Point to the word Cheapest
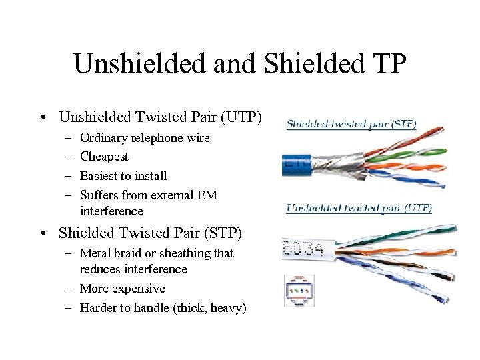[x=104, y=157]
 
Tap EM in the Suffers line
[x=207, y=195]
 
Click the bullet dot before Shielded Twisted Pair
[x=43, y=233]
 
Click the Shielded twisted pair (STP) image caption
[x=351, y=124]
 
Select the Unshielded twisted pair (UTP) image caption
[x=359, y=208]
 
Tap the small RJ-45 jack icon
[x=299, y=291]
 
